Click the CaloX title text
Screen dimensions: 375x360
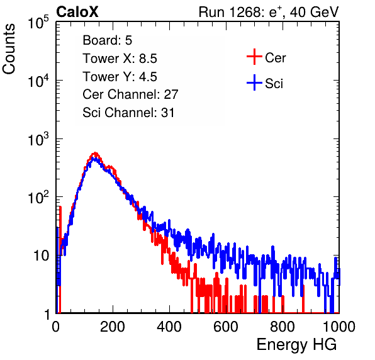pyautogui.click(x=77, y=12)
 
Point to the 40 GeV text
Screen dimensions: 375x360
pyautogui.click(x=314, y=12)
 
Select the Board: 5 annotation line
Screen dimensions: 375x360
pyautogui.click(x=107, y=40)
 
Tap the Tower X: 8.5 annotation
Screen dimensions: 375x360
pyautogui.click(x=120, y=59)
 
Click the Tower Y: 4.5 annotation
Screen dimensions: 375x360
pyautogui.click(x=120, y=77)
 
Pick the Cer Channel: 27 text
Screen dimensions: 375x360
pyautogui.click(x=130, y=94)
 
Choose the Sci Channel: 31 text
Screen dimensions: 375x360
pyautogui.click(x=128, y=113)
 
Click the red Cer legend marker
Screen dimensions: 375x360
pyautogui.click(x=254, y=57)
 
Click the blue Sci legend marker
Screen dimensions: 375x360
pyautogui.click(x=254, y=82)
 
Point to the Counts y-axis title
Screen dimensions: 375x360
pyautogui.click(x=9, y=49)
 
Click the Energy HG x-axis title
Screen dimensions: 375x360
pyautogui.click(x=296, y=345)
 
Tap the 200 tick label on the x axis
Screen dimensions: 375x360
pyautogui.click(x=113, y=327)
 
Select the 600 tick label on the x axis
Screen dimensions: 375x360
pyautogui.click(x=226, y=327)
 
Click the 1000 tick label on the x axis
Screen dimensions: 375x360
pyautogui.click(x=339, y=327)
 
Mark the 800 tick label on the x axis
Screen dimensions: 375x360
pyautogui.click(x=283, y=327)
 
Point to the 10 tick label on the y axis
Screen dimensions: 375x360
pyautogui.click(x=41, y=256)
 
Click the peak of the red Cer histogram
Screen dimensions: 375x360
pyautogui.click(x=95, y=153)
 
